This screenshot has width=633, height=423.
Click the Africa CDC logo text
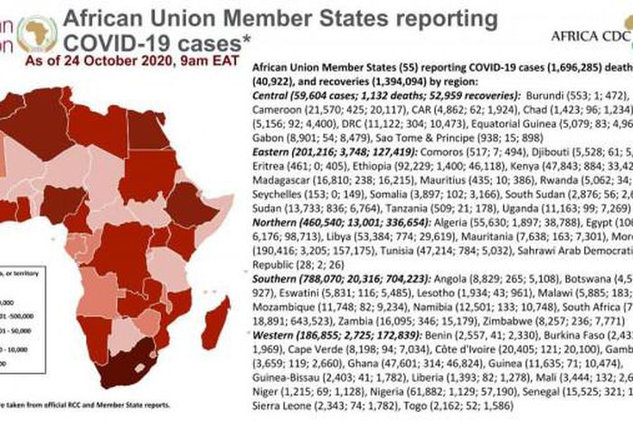pyautogui.click(x=589, y=36)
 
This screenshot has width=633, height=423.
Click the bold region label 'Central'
pyautogui.click(x=274, y=120)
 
